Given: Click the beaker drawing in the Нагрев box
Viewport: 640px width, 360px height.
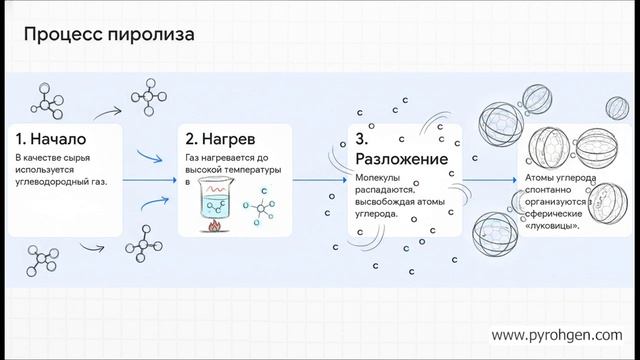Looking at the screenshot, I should (214, 203).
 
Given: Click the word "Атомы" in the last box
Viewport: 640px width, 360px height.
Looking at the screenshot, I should (541, 178).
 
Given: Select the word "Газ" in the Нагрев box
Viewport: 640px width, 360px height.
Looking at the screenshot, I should (193, 158).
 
